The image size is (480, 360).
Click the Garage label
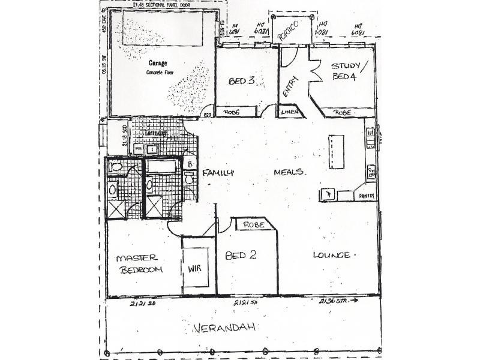[158, 62]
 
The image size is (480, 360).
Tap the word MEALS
[290, 172]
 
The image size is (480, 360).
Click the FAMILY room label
[217, 173]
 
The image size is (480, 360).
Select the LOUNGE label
[332, 256]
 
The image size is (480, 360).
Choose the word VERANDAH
[225, 328]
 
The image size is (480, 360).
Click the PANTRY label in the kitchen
[367, 196]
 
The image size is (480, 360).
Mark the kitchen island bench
[336, 152]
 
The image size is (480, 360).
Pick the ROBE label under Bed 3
[232, 112]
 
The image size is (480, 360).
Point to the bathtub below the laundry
[161, 166]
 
